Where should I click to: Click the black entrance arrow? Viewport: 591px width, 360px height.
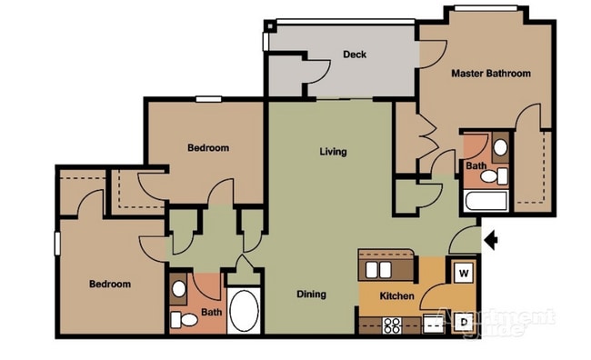(x=492, y=241)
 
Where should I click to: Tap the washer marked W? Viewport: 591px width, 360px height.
(x=463, y=271)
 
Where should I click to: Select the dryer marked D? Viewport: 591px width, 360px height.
(x=463, y=322)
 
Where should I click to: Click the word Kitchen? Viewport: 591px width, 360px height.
(x=397, y=297)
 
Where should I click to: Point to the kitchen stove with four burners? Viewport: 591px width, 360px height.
(x=395, y=325)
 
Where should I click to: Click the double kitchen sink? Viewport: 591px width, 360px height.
(x=381, y=269)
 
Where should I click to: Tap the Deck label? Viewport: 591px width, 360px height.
(x=355, y=55)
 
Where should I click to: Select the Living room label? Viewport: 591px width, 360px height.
(x=332, y=152)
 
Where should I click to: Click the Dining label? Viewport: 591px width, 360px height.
(x=311, y=295)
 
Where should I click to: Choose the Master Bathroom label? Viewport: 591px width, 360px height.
(x=491, y=74)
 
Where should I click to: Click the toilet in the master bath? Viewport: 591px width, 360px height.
(x=490, y=175)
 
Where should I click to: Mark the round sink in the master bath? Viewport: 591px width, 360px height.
(x=499, y=148)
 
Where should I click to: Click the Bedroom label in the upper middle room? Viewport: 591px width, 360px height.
(x=208, y=147)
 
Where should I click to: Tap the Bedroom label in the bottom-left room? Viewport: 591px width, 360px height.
(x=109, y=285)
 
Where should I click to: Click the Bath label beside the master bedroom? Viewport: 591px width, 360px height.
(x=476, y=166)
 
